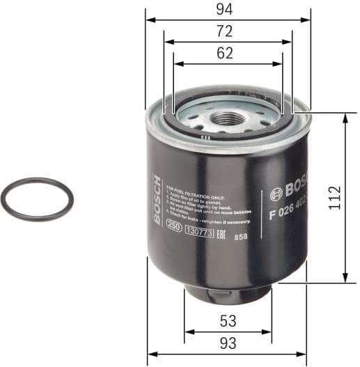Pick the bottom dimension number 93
228,343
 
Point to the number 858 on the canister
240,237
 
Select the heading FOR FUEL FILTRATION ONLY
195,187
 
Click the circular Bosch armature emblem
273,193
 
